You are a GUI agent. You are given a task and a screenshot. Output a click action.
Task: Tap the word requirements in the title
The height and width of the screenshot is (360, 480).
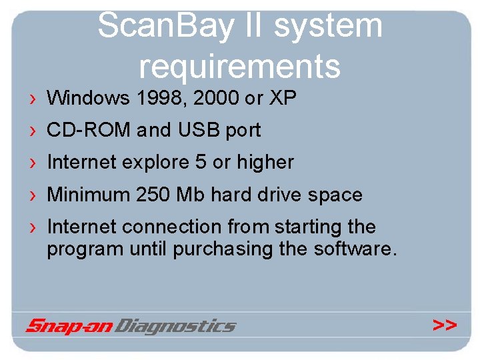(x=239, y=66)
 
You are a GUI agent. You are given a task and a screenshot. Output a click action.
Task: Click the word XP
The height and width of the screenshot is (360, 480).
(x=283, y=99)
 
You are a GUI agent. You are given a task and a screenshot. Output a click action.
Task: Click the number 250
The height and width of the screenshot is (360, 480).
(x=153, y=195)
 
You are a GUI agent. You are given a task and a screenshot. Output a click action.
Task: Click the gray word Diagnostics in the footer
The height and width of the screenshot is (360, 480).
(x=176, y=326)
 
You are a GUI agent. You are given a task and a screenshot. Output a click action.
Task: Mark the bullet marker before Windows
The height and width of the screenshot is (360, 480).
(x=33, y=99)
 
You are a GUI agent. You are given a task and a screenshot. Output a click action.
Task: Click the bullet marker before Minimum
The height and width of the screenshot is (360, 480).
(x=33, y=195)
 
